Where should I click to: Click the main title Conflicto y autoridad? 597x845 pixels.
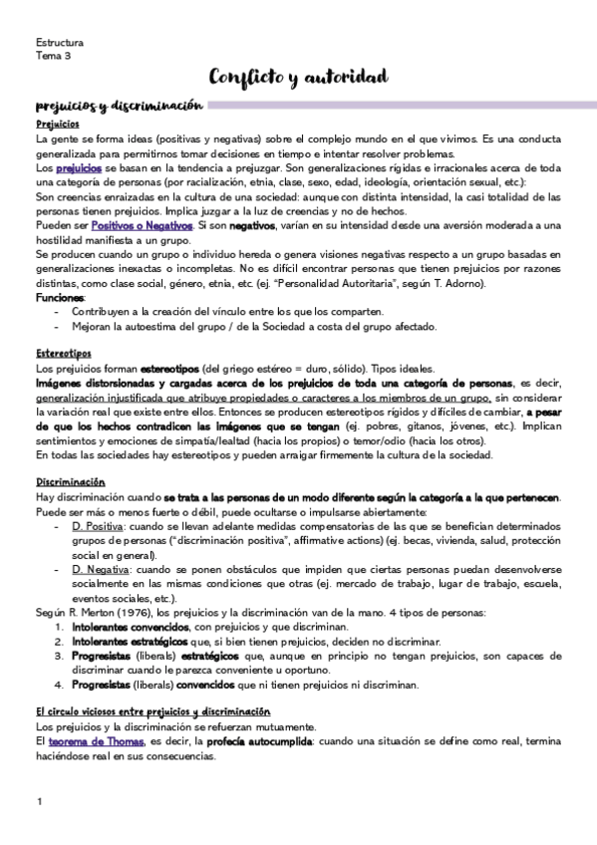(298, 77)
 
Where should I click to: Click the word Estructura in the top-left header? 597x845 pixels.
(60, 44)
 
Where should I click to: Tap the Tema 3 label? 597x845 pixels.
(53, 57)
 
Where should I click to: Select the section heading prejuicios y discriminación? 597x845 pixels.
(119, 106)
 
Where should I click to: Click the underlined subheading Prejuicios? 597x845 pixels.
(58, 126)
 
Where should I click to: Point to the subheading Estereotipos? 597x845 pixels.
(64, 353)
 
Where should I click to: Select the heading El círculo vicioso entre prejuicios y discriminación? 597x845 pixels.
(152, 711)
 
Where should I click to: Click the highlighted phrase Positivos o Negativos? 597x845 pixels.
(149, 226)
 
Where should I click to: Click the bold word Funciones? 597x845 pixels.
(60, 297)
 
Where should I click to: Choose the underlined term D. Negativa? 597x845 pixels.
(101, 568)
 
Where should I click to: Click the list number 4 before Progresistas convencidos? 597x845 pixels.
(59, 686)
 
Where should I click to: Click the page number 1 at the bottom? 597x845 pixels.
(39, 802)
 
